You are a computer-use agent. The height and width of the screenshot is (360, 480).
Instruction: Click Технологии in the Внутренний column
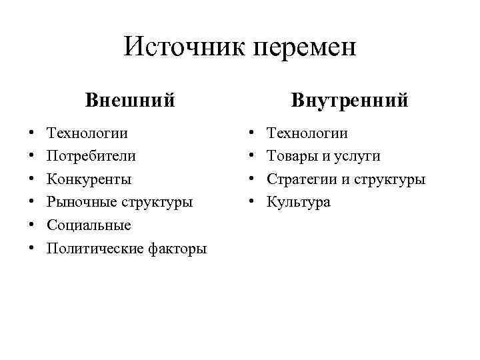point(307,133)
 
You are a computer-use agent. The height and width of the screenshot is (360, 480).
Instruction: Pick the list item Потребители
point(91,156)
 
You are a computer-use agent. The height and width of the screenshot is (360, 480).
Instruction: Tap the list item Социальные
point(89,225)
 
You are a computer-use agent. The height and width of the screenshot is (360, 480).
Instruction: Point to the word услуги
point(355,157)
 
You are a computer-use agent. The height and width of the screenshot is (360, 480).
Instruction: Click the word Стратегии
point(299,179)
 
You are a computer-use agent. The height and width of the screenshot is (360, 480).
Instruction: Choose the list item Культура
point(298,202)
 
